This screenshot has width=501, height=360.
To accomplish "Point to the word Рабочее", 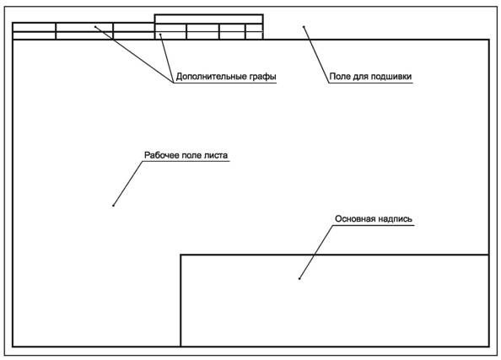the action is [162, 155].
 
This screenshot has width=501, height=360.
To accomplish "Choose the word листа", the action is [216, 156].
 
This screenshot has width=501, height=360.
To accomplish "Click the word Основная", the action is [355, 219].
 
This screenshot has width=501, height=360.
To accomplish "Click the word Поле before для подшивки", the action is [340, 77].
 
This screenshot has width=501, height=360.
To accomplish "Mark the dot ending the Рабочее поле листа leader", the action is [113, 206].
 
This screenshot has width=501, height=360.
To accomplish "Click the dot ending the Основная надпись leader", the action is [299, 278].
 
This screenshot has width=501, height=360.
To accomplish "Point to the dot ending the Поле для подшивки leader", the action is [304, 27].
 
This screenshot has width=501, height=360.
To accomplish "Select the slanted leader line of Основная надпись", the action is [316, 252].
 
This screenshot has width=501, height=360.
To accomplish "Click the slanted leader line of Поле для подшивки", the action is [316, 55].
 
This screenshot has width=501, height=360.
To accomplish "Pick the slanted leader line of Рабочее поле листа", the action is [128, 183].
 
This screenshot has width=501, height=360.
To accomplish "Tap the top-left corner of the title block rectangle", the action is [180, 255].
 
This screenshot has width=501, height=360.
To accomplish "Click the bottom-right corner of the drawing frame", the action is [489, 347].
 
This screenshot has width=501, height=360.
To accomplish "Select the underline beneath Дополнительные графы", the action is [225, 83].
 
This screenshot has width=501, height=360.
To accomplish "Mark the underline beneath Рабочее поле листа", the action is [186, 161].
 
